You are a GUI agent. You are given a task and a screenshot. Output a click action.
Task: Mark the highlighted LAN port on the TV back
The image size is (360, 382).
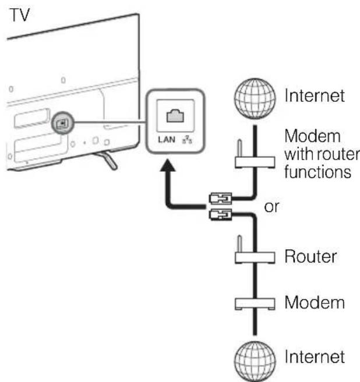[61, 123]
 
